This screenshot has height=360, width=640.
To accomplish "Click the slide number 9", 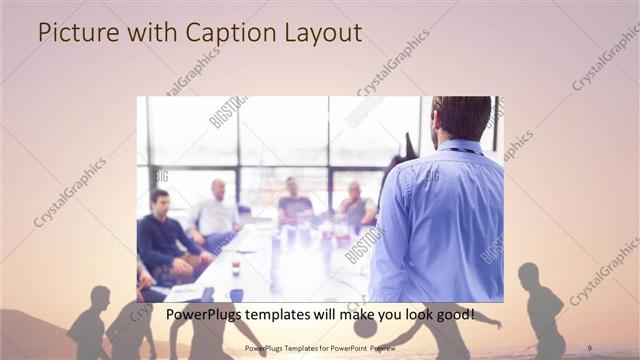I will tap(589, 348).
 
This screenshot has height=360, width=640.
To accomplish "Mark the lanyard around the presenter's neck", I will tap(463, 151).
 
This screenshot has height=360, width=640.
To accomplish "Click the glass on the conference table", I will tap(236, 266).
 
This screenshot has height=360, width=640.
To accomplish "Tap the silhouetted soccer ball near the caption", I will tap(366, 327).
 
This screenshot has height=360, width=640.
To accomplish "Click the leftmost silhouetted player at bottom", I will tap(90, 325).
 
